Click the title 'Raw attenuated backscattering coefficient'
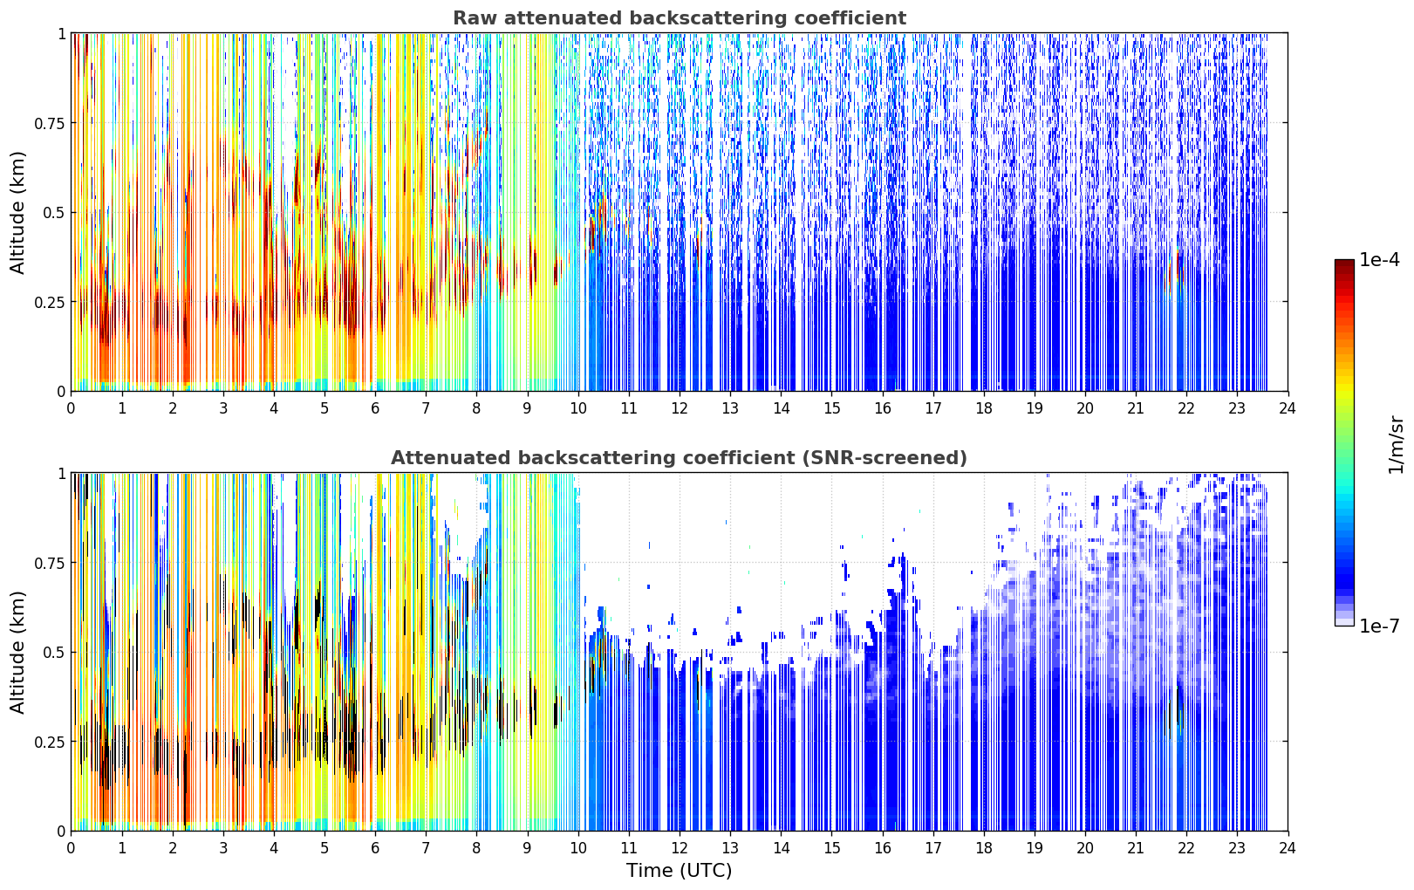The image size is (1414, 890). tap(680, 17)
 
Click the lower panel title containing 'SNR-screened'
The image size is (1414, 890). tap(679, 457)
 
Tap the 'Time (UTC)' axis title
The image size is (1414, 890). tap(679, 871)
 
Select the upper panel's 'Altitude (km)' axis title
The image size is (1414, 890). tap(17, 212)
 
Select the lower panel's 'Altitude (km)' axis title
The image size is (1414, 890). tap(17, 652)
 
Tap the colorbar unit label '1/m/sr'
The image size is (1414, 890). tap(1396, 444)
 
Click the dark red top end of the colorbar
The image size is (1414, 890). tap(1344, 264)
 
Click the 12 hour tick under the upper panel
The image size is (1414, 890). tap(680, 408)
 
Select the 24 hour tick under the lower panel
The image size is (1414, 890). tap(1288, 848)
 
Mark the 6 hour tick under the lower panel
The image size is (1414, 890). tap(375, 848)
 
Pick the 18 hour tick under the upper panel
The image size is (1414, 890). tap(983, 408)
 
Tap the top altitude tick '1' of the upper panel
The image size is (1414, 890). tap(61, 33)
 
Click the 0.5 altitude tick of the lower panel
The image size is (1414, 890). tap(53, 652)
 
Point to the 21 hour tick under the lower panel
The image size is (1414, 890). tap(1136, 848)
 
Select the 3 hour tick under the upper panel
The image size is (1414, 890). tap(222, 408)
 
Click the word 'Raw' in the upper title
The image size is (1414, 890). tap(475, 17)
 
